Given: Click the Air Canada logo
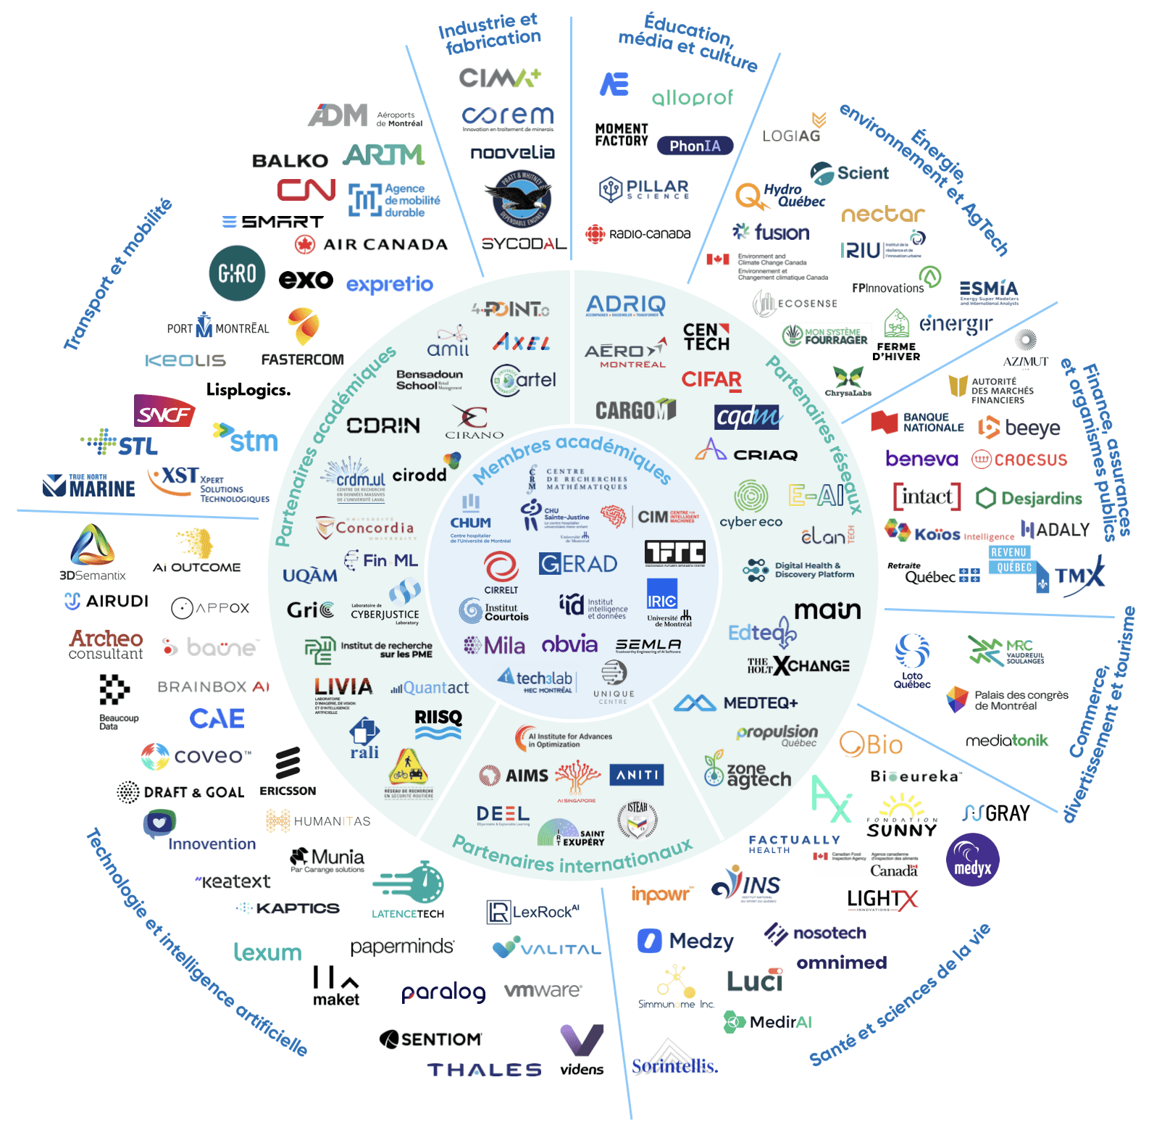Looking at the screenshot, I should (x=371, y=244).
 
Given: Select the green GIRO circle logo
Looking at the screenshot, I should (x=237, y=273).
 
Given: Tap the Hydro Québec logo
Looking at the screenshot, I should (x=780, y=195).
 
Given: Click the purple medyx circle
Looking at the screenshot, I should (x=972, y=860).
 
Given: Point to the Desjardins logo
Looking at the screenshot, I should (x=1029, y=498).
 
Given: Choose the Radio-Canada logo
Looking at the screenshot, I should (x=638, y=234).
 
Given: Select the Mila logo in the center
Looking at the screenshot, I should (x=494, y=645).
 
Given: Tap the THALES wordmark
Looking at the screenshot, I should (x=484, y=1070).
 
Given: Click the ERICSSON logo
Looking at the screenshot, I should (x=288, y=773).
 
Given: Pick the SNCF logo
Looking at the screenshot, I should (x=164, y=412).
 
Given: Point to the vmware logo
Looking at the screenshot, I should (x=543, y=990).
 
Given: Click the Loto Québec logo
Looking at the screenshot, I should (x=912, y=660).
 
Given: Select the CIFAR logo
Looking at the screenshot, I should (x=711, y=380).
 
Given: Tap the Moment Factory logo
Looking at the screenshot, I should (x=622, y=135).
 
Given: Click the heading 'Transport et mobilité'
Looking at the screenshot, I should (x=118, y=274).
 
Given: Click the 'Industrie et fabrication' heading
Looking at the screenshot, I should (x=490, y=33).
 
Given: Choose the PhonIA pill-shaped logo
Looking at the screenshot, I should (x=695, y=146).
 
